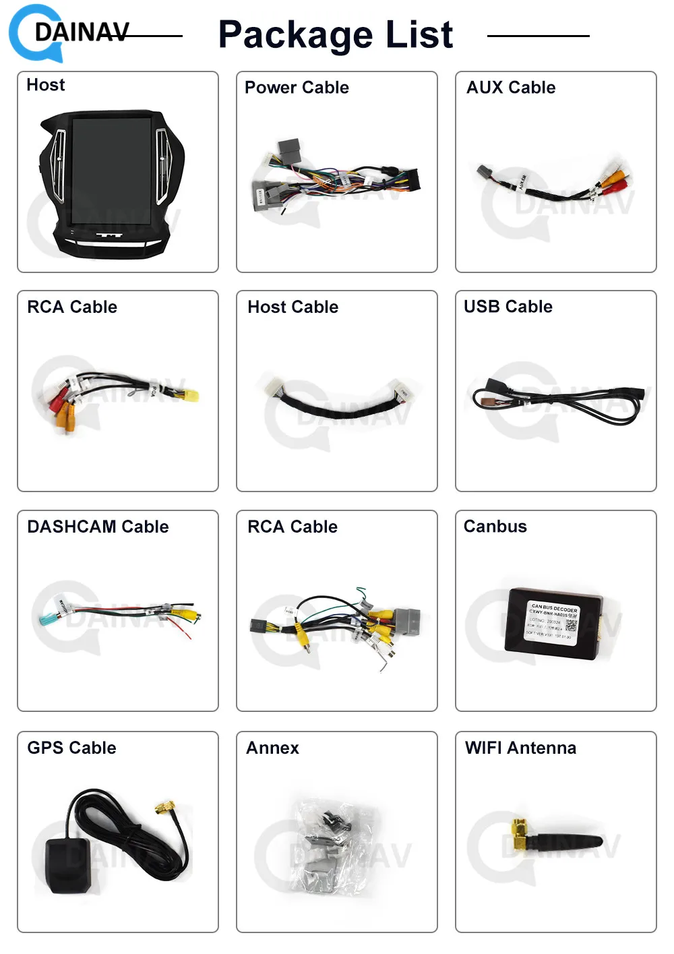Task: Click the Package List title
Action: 336,34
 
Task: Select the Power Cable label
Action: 297,88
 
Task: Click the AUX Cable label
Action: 511,88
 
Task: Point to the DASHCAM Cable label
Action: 98,527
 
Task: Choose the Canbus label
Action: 495,527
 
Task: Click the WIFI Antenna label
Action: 520,748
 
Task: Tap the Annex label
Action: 272,748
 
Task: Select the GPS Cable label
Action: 71,748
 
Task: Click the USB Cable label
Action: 508,307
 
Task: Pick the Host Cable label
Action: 293,307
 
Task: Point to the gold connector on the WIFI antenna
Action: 519,833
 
